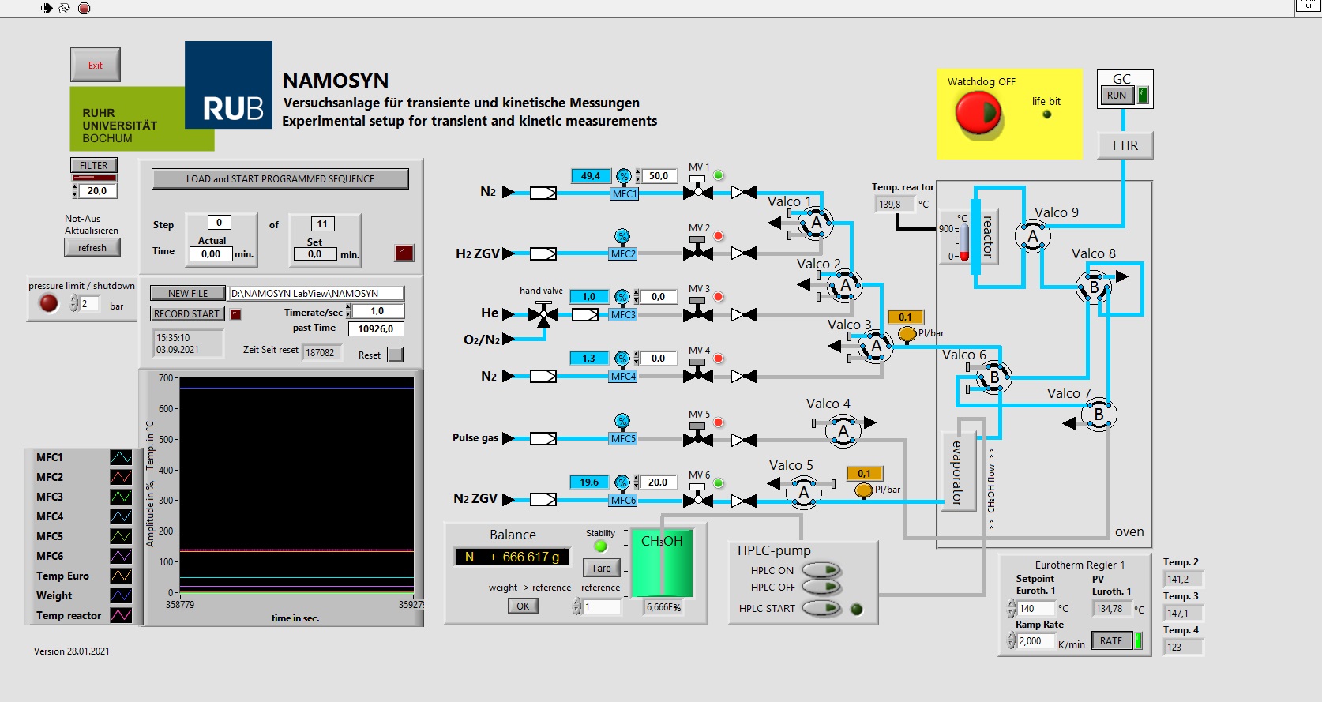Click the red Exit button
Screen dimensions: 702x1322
tap(96, 66)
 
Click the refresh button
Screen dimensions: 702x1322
tap(92, 248)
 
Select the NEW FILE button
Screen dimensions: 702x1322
tap(188, 293)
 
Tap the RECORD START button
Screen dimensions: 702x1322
tap(187, 313)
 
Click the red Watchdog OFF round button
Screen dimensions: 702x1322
tap(978, 114)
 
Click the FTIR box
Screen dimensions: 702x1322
tap(1125, 145)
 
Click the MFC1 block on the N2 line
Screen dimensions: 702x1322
tap(625, 193)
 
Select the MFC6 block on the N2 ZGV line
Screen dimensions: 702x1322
tap(623, 500)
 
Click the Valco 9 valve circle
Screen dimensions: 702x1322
tap(1032, 235)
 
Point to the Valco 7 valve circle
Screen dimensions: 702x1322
tap(1099, 415)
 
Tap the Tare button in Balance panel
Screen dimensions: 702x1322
tap(601, 568)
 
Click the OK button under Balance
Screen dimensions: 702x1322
tap(523, 606)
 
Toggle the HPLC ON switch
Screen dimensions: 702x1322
tap(821, 570)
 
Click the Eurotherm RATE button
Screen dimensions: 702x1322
tap(1111, 641)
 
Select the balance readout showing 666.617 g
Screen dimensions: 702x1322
tap(512, 557)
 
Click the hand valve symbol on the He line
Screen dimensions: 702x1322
tap(543, 314)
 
